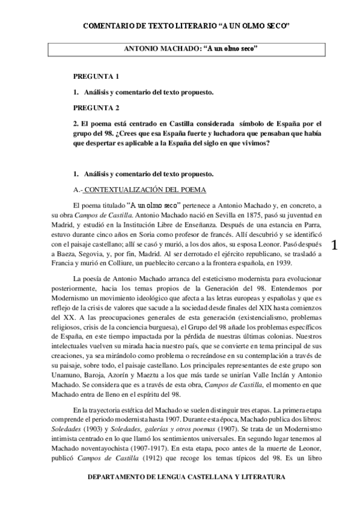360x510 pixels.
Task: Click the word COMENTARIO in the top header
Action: pyautogui.click(x=112, y=26)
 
